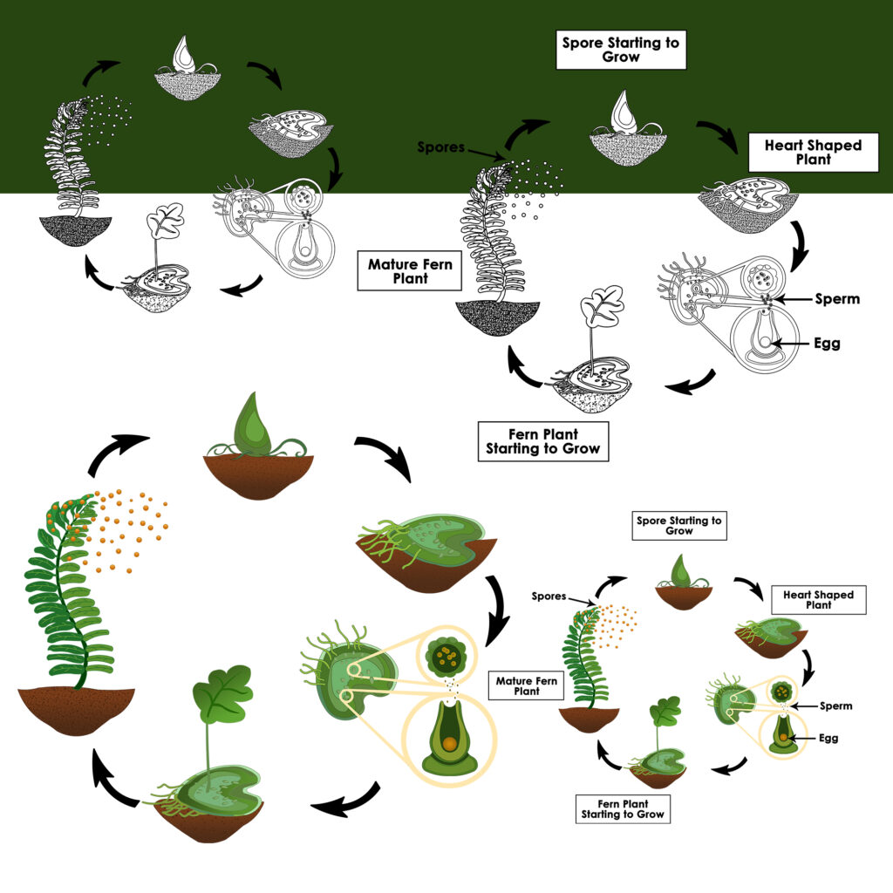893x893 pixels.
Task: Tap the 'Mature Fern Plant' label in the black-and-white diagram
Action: (410, 271)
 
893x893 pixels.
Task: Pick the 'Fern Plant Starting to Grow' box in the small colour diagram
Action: (622, 808)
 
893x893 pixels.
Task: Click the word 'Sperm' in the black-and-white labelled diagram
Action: (837, 299)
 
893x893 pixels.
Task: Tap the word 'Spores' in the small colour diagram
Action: (550, 597)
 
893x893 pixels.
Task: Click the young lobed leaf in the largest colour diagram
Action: (222, 693)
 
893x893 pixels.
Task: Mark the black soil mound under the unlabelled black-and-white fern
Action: (76, 231)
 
